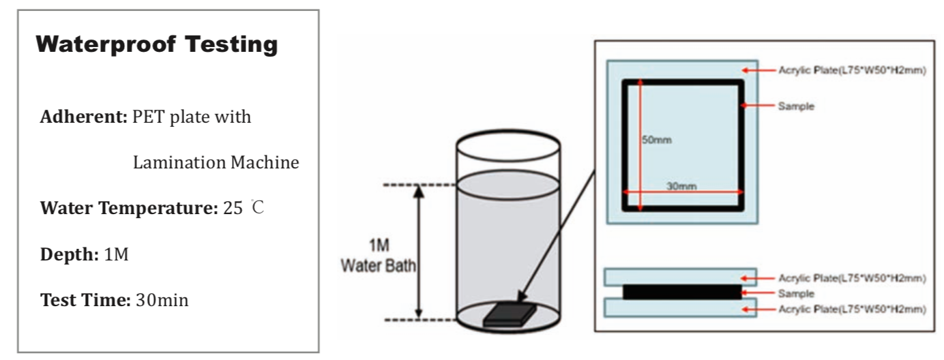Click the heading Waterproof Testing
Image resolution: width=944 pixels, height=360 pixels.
pos(156,45)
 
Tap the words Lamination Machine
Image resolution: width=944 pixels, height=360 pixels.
pos(216,163)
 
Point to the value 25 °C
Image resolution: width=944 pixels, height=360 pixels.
pos(244,208)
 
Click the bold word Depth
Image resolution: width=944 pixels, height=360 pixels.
pos(69,254)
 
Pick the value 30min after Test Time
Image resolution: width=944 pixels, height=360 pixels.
pos(162,299)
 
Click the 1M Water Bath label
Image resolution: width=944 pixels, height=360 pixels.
pos(379,256)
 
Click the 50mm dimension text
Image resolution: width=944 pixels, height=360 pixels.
pos(657,140)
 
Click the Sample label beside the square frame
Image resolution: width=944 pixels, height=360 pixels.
pos(796,106)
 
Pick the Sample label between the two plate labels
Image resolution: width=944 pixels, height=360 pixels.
pos(796,293)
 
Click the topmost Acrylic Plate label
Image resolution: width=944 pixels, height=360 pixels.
pos(852,70)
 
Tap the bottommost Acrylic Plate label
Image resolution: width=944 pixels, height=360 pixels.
pos(852,310)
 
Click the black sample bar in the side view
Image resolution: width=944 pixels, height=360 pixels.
pos(681,292)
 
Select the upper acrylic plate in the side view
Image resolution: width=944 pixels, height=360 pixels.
pos(681,276)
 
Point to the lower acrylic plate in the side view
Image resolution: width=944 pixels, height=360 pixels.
pos(681,308)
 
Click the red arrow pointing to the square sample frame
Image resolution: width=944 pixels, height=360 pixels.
pos(758,106)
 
